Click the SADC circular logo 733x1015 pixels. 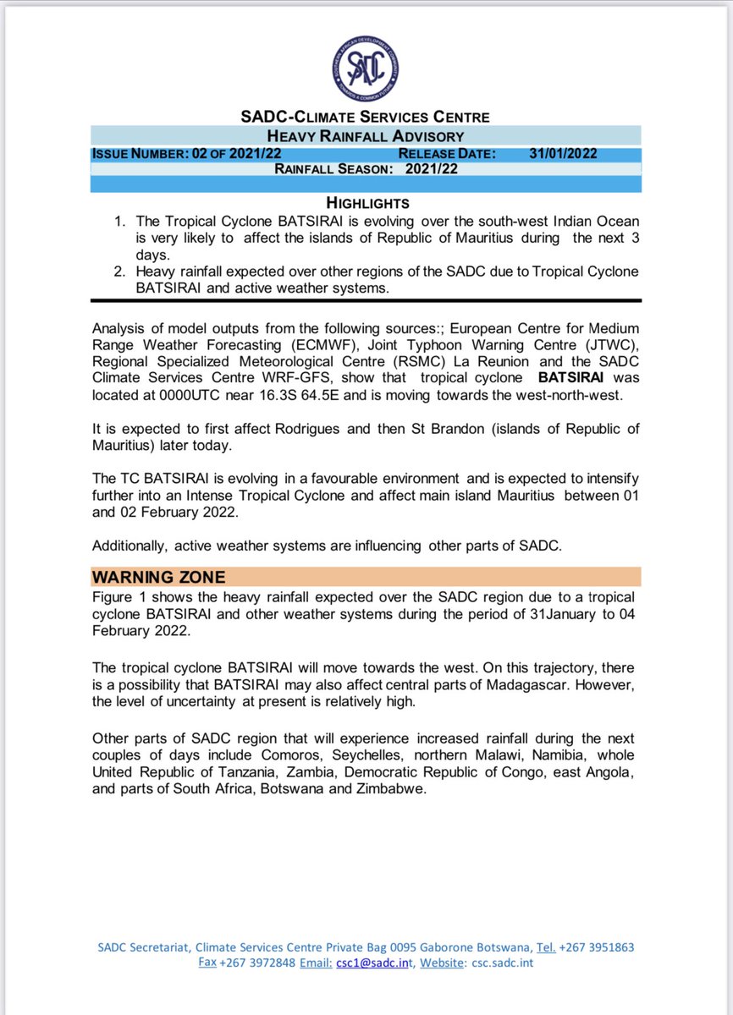(x=366, y=70)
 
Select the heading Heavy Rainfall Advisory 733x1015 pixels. (x=366, y=136)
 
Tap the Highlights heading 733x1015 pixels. (x=367, y=203)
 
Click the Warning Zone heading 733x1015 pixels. (x=158, y=577)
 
